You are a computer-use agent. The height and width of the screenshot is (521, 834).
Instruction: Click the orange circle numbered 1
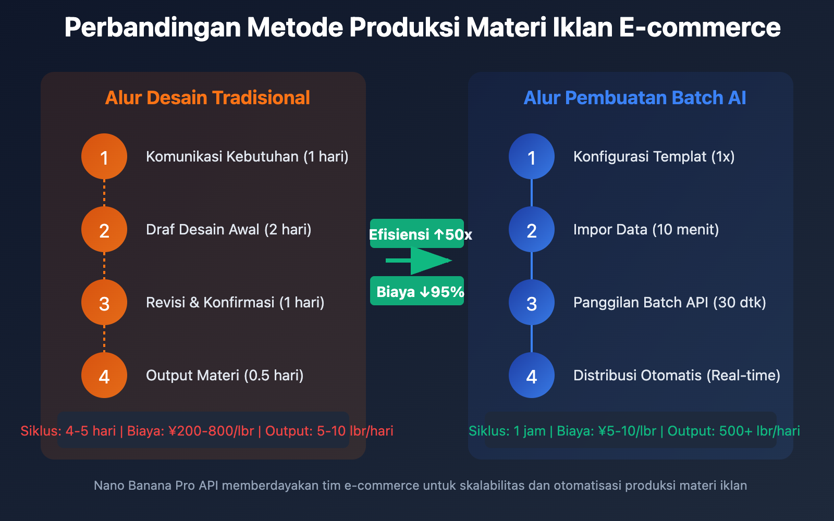[104, 156]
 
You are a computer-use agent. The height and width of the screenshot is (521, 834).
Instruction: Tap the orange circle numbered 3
[104, 302]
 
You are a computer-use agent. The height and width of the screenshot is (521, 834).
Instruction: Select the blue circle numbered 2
[532, 229]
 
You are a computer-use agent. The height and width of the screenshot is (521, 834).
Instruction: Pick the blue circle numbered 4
[532, 375]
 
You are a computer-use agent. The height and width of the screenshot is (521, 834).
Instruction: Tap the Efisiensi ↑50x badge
[417, 234]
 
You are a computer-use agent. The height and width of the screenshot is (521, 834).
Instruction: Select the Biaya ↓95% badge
[417, 291]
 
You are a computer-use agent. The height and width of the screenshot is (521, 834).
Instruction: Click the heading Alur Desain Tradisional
[207, 98]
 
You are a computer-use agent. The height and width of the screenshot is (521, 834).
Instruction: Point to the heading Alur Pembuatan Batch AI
[634, 98]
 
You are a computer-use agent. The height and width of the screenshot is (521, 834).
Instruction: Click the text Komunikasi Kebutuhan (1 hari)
[247, 156]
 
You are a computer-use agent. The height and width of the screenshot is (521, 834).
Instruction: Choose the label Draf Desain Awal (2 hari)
[228, 229]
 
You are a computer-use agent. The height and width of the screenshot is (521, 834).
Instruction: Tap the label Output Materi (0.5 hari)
[225, 375]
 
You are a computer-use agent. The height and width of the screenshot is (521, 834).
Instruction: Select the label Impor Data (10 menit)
[646, 229]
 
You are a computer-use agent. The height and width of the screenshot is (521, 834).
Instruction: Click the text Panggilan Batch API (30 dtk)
[669, 302]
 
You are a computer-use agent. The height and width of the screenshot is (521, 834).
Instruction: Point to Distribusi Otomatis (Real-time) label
[677, 375]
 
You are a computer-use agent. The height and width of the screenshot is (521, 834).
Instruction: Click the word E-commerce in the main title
[700, 28]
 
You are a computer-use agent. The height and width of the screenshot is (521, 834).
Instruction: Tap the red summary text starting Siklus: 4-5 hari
[207, 431]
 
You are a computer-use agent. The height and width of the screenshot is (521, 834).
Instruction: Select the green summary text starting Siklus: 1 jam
[634, 431]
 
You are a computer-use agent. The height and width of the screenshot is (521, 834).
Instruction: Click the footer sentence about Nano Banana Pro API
[420, 486]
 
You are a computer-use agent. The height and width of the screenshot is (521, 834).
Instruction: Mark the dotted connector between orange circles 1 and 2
[104, 193]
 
